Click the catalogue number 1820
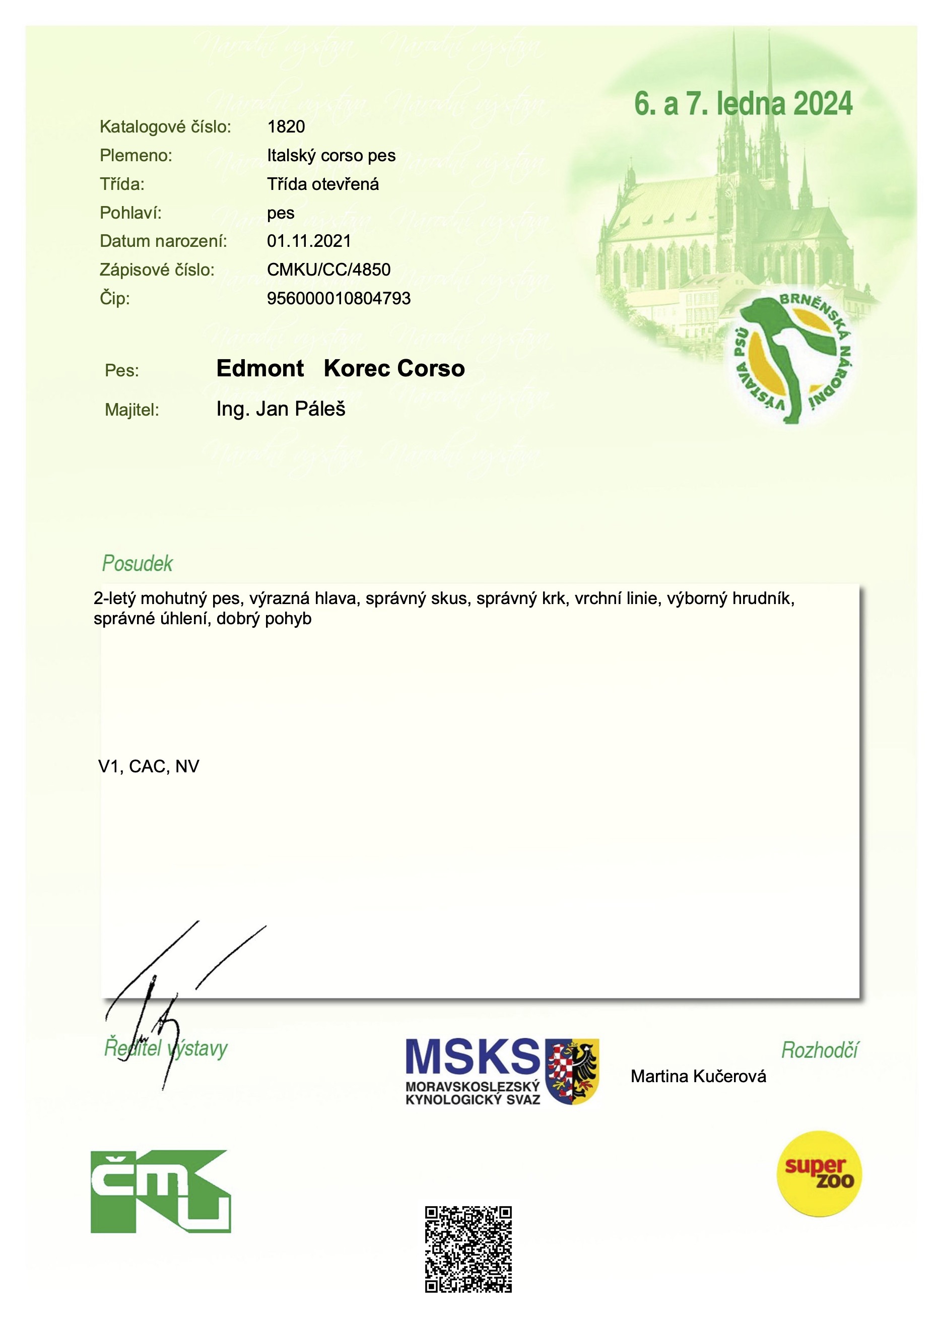point(286,126)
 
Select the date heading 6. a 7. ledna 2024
point(743,104)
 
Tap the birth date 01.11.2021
point(309,241)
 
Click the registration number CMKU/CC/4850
point(328,270)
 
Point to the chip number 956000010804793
point(339,298)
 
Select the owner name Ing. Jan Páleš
point(281,409)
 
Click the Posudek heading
point(138,563)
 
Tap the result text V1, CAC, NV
point(149,766)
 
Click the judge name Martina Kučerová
point(698,1076)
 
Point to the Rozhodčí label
point(819,1050)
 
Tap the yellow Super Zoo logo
point(819,1174)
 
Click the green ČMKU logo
point(160,1191)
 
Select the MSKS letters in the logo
point(472,1057)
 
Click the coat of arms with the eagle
point(572,1071)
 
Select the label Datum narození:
point(163,241)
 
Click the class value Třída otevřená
point(322,184)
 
